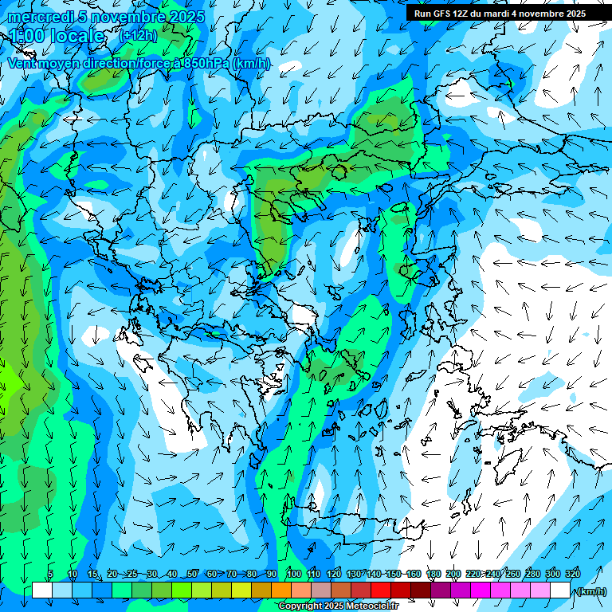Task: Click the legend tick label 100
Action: [293, 575]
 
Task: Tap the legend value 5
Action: [50, 575]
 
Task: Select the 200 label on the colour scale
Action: [453, 575]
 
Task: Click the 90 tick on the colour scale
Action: [272, 575]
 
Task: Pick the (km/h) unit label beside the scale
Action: [591, 591]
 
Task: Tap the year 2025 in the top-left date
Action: [186, 17]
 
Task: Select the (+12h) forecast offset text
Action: [138, 36]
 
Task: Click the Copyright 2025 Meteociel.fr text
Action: [338, 606]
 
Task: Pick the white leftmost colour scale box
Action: [42, 590]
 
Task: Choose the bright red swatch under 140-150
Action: [381, 590]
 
